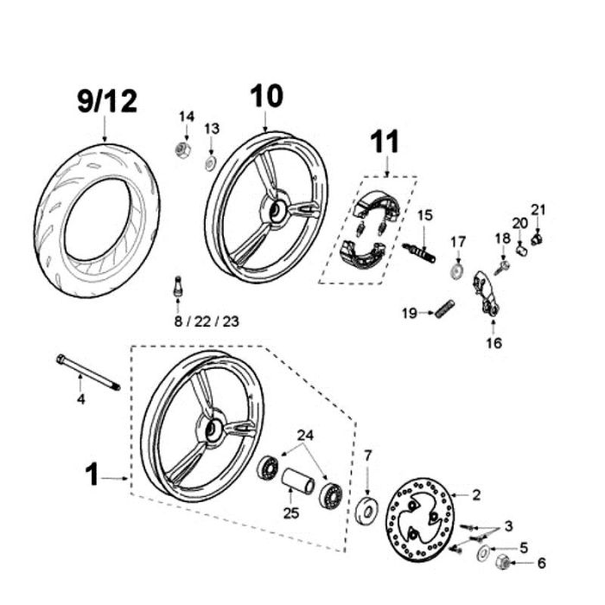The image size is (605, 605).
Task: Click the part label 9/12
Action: pyautogui.click(x=106, y=102)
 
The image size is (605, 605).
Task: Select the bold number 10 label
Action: pyautogui.click(x=267, y=97)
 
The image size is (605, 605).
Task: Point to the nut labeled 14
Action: pyautogui.click(x=182, y=150)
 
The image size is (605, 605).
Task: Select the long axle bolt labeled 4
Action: pyautogui.click(x=87, y=372)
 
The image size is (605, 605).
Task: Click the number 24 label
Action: pyautogui.click(x=307, y=434)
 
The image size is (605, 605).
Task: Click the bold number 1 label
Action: pyautogui.click(x=92, y=474)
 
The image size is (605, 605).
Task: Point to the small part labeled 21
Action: pyautogui.click(x=537, y=238)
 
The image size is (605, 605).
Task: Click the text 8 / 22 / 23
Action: pyautogui.click(x=206, y=322)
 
